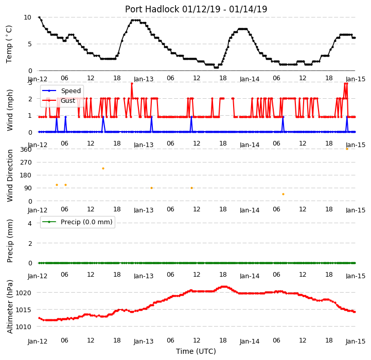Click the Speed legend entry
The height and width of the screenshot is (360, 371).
(x=61, y=91)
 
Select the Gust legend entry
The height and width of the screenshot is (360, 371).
(x=59, y=100)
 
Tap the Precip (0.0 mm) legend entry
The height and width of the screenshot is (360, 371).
(x=77, y=222)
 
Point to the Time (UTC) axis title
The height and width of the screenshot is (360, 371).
(x=196, y=351)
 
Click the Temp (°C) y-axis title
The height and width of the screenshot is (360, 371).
(x=9, y=44)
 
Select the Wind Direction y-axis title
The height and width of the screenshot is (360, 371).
(x=10, y=175)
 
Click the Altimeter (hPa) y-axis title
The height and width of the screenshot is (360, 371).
(x=10, y=307)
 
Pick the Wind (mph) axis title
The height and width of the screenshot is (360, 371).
(x=10, y=110)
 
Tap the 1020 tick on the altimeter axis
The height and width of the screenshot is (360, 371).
(x=23, y=293)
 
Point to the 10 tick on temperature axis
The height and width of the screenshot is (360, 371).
(x=27, y=17)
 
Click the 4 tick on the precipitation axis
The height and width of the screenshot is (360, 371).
(x=30, y=223)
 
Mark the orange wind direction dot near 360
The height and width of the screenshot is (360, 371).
(x=347, y=149)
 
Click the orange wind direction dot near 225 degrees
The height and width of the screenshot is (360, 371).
(x=103, y=168)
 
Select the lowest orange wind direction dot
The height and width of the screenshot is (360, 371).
(x=283, y=194)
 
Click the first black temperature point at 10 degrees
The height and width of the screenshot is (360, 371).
(x=39, y=17)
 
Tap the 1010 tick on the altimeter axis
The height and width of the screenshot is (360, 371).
(x=23, y=327)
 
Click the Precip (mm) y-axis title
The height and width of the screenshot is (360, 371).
(x=10, y=241)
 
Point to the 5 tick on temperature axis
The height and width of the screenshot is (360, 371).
(x=29, y=44)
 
